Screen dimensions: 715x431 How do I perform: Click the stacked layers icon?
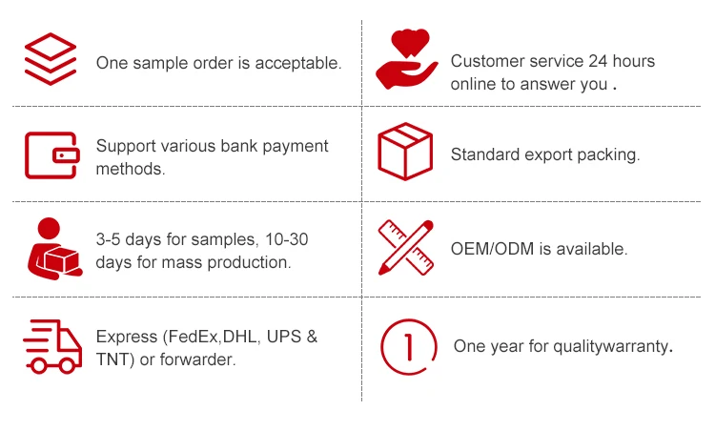49,58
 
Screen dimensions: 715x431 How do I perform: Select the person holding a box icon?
51,248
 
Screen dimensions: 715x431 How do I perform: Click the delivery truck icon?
51,345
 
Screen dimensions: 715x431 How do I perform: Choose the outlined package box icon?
405,152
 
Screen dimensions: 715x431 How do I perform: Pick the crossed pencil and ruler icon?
406,247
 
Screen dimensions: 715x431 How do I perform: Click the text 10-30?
287,239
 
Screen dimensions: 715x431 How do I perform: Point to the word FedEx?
194,338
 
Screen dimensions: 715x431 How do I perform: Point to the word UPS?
285,338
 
